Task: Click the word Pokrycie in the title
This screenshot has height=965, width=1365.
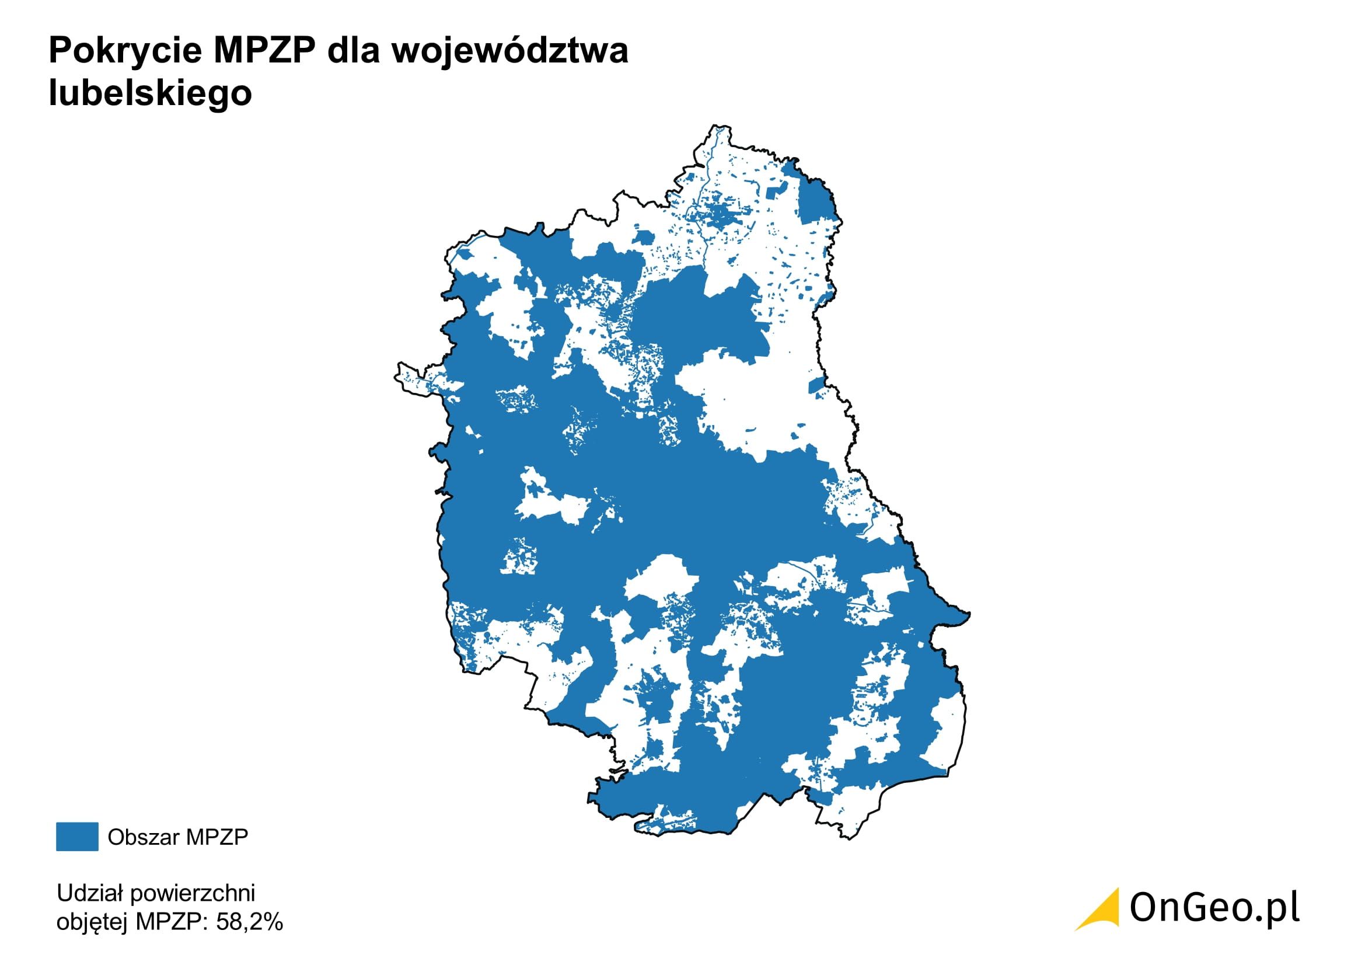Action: (x=126, y=51)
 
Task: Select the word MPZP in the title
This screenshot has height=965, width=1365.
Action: (x=263, y=51)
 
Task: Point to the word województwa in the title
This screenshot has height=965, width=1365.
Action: (x=509, y=51)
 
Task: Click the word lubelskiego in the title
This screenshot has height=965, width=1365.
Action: (x=151, y=93)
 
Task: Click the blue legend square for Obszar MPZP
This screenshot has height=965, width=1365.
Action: (x=76, y=837)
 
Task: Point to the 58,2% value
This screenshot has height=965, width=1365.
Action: (x=250, y=922)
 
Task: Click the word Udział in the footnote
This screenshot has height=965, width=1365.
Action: (x=89, y=893)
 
